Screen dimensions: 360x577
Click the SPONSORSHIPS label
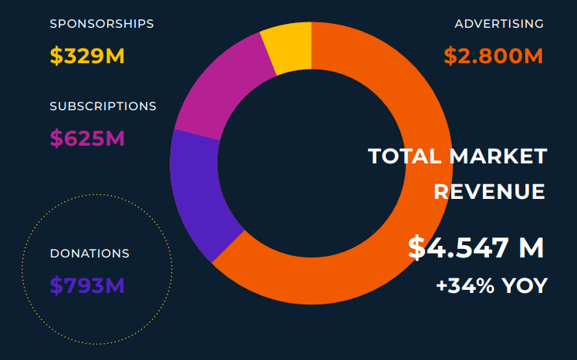(x=102, y=24)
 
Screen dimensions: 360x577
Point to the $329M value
(x=87, y=56)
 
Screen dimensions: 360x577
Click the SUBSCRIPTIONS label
(x=103, y=106)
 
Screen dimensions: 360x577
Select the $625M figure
(x=87, y=139)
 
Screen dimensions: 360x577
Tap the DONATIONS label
(x=89, y=254)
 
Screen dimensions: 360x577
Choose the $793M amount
(x=87, y=285)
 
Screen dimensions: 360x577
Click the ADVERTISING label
(x=499, y=24)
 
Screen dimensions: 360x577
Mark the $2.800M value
(x=494, y=56)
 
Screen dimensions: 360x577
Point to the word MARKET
(x=498, y=156)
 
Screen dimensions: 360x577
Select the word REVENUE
(x=489, y=191)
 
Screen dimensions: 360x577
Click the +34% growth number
(x=465, y=286)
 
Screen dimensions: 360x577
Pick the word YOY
(x=525, y=286)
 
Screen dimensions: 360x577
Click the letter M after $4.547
(x=531, y=248)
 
